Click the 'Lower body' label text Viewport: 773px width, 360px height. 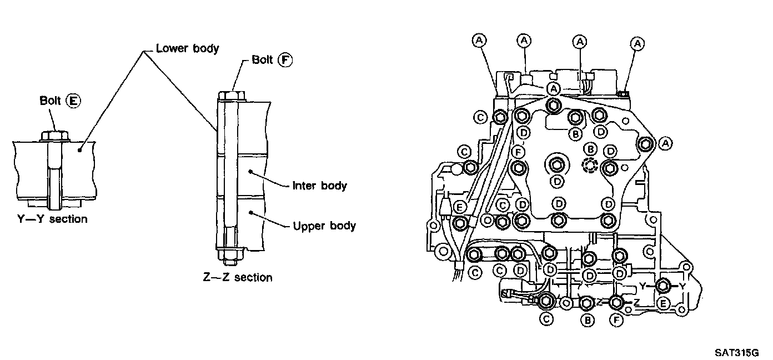click(187, 48)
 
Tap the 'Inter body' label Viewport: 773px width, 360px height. click(319, 186)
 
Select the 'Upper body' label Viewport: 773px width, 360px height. click(324, 226)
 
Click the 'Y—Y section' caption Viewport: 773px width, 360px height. click(52, 219)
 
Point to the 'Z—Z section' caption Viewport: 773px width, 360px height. click(238, 277)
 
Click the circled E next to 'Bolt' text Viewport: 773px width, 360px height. click(73, 101)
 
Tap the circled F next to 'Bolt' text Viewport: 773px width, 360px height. click(285, 60)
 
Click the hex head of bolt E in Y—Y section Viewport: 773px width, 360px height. click(54, 136)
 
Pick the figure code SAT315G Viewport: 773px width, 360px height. click(737, 353)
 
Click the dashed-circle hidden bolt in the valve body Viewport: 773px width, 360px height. click(590, 166)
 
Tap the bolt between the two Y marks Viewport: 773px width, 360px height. click(663, 286)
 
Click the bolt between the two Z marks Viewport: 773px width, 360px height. click(616, 303)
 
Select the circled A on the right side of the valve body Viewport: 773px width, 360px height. click(666, 143)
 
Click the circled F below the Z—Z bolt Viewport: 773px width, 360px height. click(616, 321)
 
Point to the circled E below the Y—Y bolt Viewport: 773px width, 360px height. click(663, 304)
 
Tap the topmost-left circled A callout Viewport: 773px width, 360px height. click(479, 41)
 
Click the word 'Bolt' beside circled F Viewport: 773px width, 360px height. click(262, 59)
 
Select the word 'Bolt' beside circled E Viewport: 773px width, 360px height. click(50, 101)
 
